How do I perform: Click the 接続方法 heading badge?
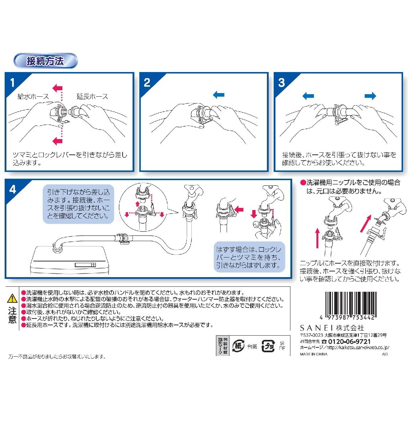tap(45, 61)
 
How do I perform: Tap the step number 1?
tap(12, 83)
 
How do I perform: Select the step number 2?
tap(147, 83)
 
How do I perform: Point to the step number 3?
tap(282, 83)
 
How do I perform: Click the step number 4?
tap(13, 189)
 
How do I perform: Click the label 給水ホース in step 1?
tap(33, 96)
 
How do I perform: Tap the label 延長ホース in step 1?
tap(92, 96)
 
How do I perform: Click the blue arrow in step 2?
tap(218, 95)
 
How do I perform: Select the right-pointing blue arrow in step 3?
tap(371, 96)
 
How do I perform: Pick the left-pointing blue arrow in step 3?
tap(308, 96)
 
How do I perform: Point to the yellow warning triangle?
tap(12, 298)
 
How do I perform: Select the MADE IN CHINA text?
tap(314, 354)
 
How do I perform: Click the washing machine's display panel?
tap(85, 265)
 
